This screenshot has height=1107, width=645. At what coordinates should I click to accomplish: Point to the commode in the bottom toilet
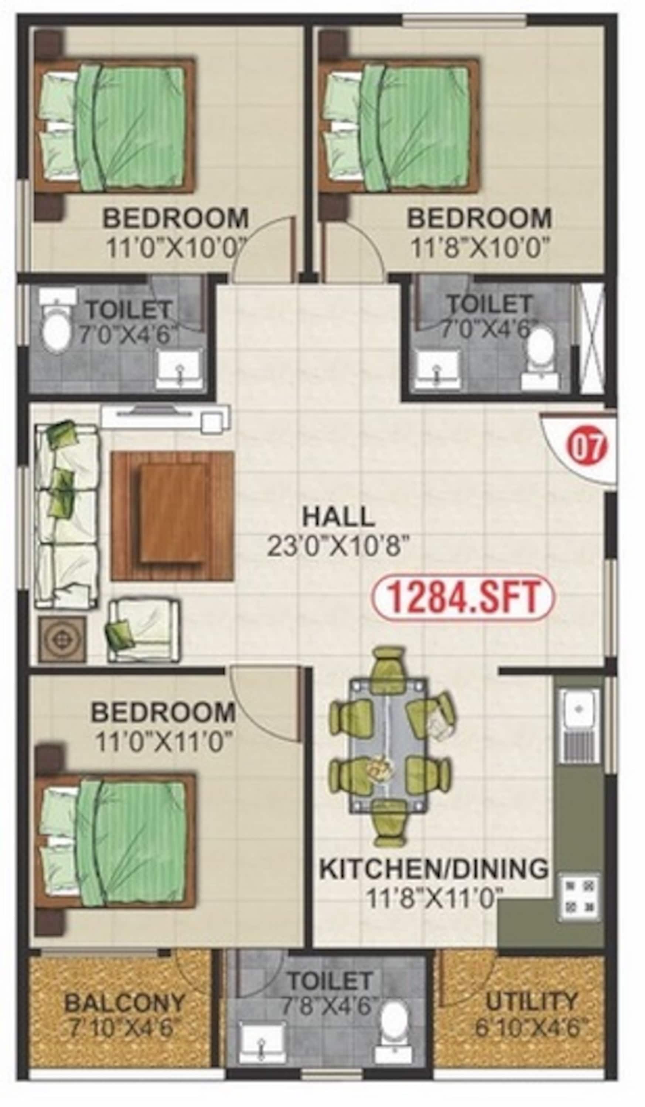coord(394,1010)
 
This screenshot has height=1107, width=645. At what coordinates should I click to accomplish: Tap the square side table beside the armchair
coord(62,639)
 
